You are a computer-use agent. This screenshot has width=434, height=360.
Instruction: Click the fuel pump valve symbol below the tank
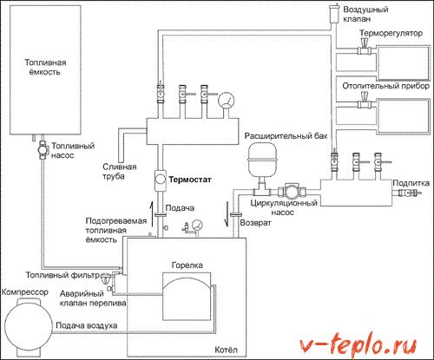(x=41, y=147)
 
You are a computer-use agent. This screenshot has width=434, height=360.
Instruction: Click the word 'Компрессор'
(x=26, y=292)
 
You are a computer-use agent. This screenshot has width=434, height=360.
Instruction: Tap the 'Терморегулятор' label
(x=391, y=41)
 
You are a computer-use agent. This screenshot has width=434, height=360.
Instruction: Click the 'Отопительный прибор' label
(x=385, y=85)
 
